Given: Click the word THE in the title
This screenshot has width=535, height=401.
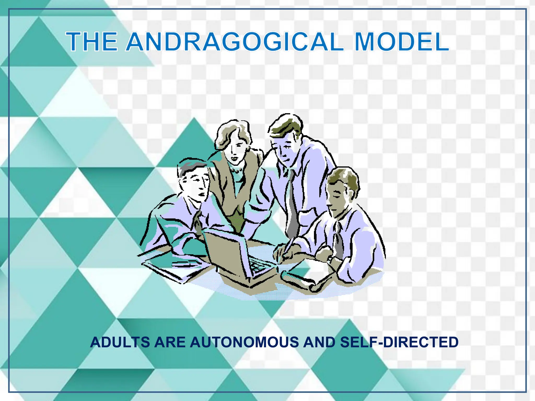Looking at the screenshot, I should pyautogui.click(x=91, y=42).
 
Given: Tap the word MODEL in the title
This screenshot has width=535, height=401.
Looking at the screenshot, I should pyautogui.click(x=402, y=42).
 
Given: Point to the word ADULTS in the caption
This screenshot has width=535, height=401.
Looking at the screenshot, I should pyautogui.click(x=120, y=343).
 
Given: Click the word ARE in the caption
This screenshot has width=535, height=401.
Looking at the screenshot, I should pyautogui.click(x=170, y=343).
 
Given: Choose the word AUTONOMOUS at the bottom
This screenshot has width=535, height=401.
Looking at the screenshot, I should pyautogui.click(x=244, y=343).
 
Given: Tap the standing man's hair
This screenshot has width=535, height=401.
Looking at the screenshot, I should pyautogui.click(x=285, y=125).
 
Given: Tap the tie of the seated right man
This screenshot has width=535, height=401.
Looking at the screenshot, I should pyautogui.click(x=339, y=240).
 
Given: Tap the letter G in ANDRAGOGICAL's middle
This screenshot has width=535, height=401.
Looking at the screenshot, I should pyautogui.click(x=231, y=42).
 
